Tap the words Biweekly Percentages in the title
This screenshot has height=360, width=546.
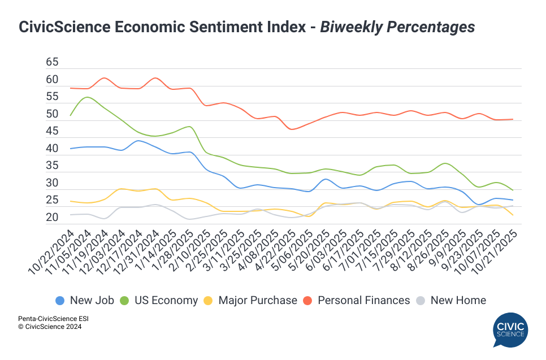(397, 27)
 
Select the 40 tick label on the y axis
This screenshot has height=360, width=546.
(52, 149)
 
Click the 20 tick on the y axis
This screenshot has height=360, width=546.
(52, 218)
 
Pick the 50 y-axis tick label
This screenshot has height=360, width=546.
(52, 114)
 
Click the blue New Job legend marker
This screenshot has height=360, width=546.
(59, 301)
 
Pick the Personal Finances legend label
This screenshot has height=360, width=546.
(363, 301)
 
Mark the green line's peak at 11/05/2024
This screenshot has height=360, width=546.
(86, 97)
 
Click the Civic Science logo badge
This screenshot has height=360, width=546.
(510, 330)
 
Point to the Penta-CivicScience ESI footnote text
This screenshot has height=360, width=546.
(53, 319)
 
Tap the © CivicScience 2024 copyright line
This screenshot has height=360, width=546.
(49, 327)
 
